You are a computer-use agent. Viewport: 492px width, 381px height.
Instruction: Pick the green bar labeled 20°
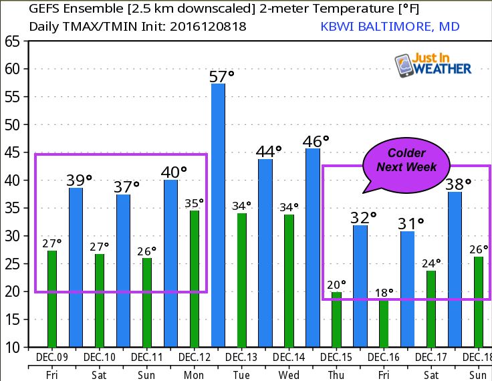[x=336, y=320]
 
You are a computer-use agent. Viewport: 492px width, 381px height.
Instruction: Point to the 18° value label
[x=383, y=292]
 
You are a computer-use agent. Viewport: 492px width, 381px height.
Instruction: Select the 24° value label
[x=431, y=263]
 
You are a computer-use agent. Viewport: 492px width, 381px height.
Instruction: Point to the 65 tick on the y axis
[x=11, y=41]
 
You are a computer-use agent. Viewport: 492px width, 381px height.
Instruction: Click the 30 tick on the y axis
[x=11, y=236]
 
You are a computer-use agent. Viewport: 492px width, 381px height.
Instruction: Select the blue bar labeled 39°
[x=76, y=267]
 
